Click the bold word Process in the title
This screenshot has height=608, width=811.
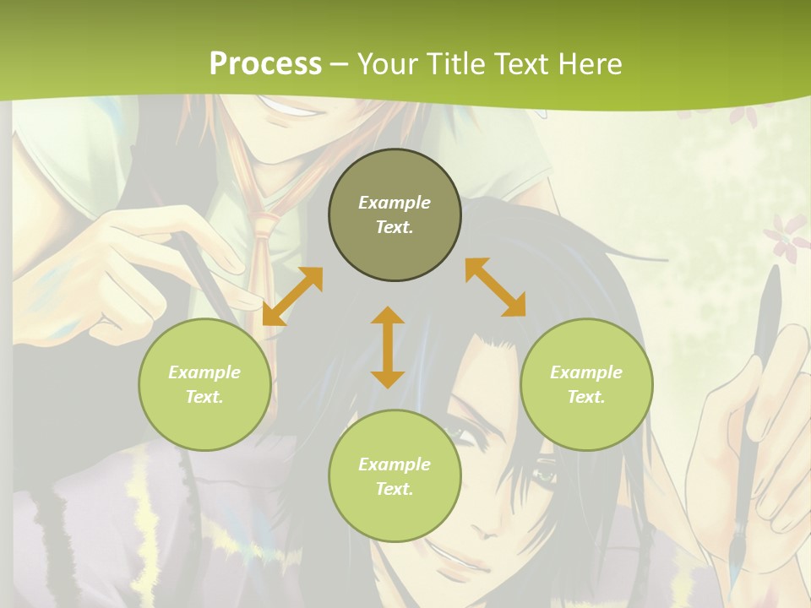(265, 63)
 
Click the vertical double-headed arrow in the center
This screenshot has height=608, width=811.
(388, 347)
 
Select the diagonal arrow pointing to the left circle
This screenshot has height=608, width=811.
(292, 296)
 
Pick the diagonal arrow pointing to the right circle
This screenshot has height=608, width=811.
(496, 288)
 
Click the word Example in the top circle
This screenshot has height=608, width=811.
(395, 203)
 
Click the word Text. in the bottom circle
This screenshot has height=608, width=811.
(395, 489)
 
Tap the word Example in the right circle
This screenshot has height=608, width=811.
(586, 372)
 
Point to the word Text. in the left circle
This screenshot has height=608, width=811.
(204, 397)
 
